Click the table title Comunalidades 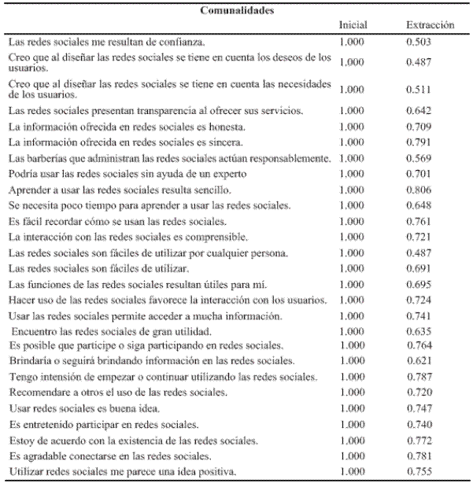pos(236,12)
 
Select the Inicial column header pos(353,26)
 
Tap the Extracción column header pos(430,26)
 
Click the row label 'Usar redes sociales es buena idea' pos(83,409)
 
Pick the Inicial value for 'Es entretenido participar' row pos(352,425)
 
